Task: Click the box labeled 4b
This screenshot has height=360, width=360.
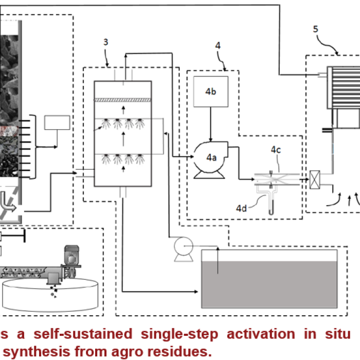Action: coord(210,92)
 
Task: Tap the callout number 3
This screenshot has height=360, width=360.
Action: coord(105,42)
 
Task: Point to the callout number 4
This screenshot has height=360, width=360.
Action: coord(218,45)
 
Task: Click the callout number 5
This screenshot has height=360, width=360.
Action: coord(315,29)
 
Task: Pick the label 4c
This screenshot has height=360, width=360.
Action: coord(277,149)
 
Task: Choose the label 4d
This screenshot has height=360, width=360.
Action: coord(242,208)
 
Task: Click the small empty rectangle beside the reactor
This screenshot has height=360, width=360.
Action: coord(57,123)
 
